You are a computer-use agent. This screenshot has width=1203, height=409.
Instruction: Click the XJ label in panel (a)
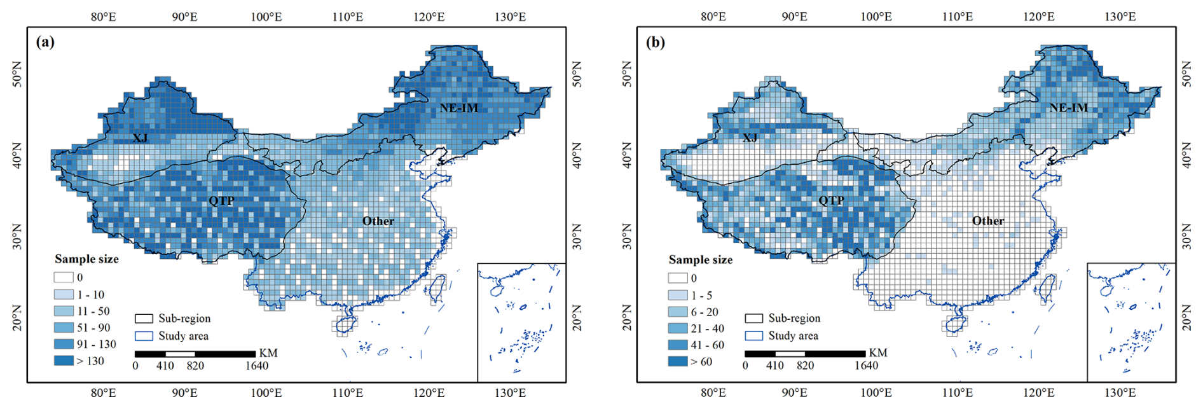(140, 137)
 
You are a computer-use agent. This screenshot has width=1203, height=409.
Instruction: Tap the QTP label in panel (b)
(831, 200)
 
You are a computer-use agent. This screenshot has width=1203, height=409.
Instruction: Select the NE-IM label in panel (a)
(458, 108)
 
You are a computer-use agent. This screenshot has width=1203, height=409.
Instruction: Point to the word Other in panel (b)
(987, 221)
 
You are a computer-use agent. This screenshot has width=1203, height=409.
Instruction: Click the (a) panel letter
(45, 43)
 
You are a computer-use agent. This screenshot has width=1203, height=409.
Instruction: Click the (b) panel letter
(655, 43)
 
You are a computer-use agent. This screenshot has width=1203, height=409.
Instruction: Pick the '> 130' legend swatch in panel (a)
(64, 361)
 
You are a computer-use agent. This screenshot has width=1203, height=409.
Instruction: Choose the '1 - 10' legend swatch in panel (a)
(64, 295)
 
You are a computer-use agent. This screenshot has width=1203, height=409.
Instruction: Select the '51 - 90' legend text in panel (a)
(93, 328)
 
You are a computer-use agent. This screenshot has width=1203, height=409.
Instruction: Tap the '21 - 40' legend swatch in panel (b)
(678, 328)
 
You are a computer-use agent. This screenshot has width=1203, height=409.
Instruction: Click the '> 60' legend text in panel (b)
(701, 361)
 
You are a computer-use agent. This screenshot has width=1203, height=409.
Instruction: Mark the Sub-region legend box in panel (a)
(144, 319)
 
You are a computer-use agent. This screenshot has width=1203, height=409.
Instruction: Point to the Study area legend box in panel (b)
(754, 335)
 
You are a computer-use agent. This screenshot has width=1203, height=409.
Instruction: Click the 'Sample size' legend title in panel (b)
(700, 260)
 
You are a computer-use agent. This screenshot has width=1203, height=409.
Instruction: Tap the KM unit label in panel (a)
(268, 353)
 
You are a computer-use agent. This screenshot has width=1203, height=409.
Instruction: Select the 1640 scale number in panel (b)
(866, 366)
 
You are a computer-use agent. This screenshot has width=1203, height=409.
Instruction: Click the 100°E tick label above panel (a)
(266, 17)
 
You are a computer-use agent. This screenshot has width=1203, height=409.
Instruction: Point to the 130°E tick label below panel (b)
(1120, 392)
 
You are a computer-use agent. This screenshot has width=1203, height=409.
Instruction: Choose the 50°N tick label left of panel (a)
(17, 74)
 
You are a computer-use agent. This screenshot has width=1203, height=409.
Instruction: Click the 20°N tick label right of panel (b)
(1186, 317)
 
